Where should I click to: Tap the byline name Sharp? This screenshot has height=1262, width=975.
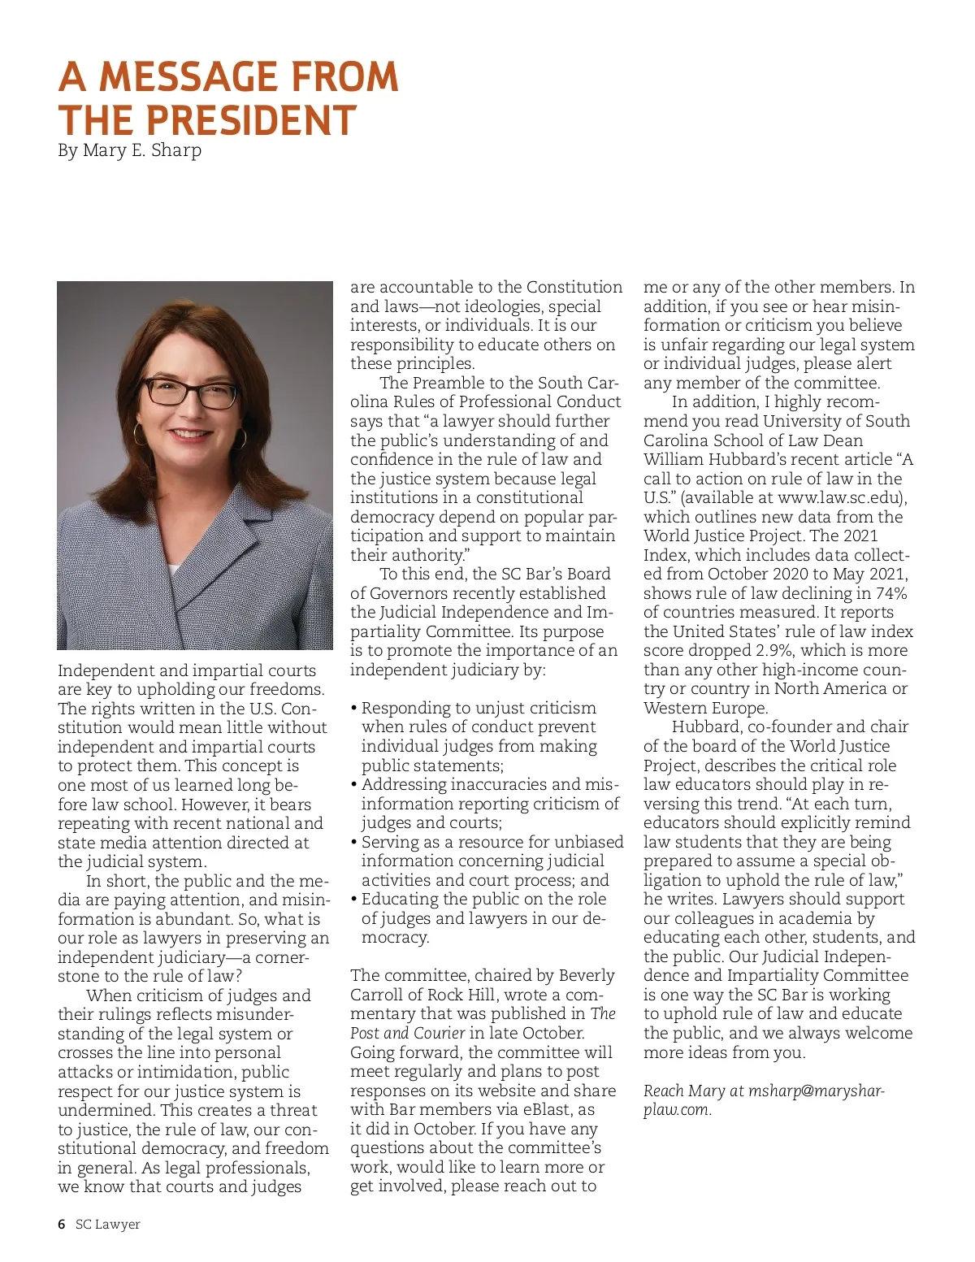tap(176, 150)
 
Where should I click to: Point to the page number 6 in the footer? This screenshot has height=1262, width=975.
tap(62, 1224)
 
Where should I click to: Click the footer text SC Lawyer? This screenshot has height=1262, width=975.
tap(108, 1224)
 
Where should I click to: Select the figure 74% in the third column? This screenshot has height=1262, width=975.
tap(887, 593)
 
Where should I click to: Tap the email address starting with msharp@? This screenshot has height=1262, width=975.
tap(816, 1091)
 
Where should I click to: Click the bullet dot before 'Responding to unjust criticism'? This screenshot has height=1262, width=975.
tap(354, 708)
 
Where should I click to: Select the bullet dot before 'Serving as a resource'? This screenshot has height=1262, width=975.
tap(354, 842)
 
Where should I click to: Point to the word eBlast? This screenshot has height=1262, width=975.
tap(547, 1109)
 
